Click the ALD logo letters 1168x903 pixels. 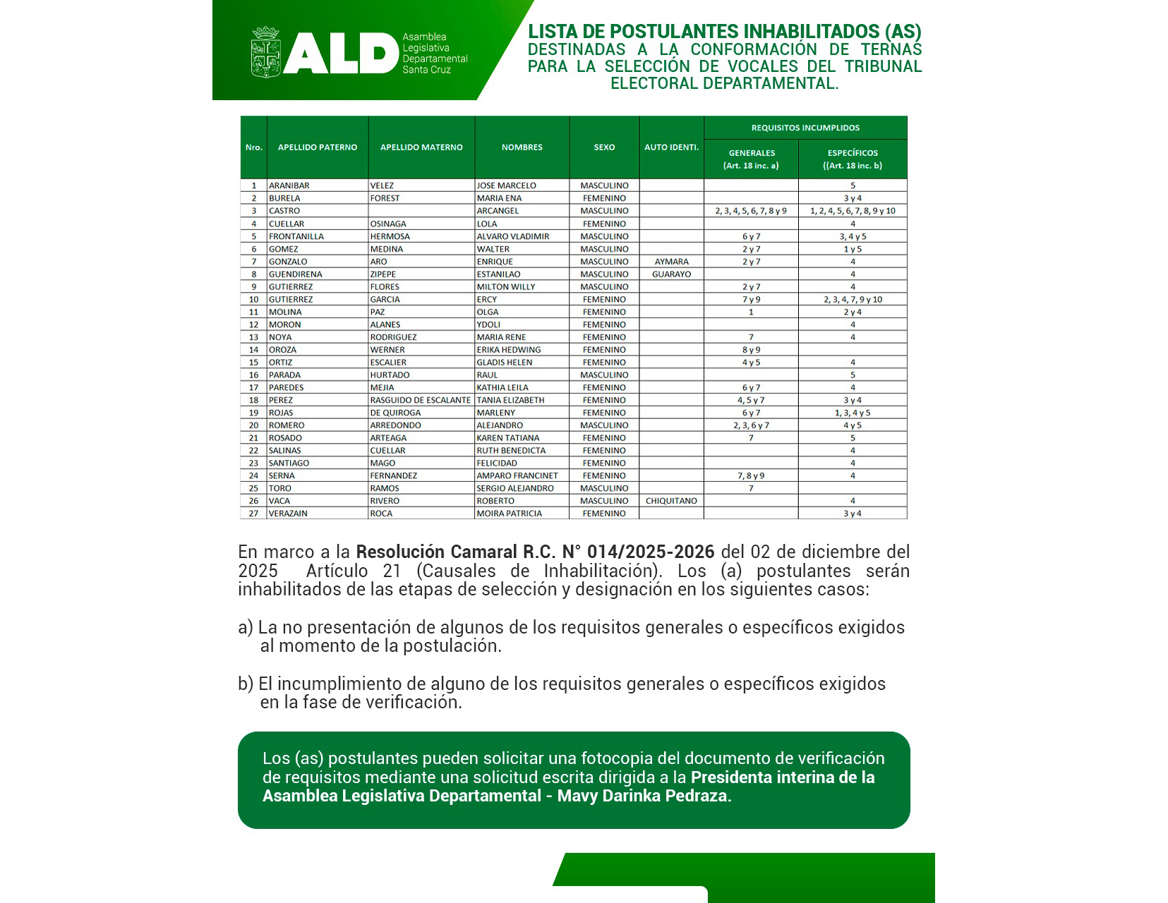point(341,54)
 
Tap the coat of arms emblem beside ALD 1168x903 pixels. point(265,52)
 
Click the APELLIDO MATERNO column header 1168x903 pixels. point(421,147)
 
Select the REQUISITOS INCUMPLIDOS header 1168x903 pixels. point(805,128)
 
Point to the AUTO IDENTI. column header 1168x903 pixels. point(671,147)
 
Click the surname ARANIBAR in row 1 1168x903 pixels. point(289,186)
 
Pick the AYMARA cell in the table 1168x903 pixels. point(671,262)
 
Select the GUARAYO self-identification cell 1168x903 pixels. point(671,274)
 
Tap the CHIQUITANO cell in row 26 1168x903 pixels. point(671,501)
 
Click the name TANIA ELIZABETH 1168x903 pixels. point(510,400)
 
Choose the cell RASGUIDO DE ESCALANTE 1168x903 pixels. point(420,400)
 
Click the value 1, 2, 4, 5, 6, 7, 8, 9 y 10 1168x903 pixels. point(853,211)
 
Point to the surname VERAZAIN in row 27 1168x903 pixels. point(288,514)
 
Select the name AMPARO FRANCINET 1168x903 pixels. point(517,475)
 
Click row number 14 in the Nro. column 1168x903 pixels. point(253,350)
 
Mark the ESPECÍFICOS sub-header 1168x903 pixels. point(853,153)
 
